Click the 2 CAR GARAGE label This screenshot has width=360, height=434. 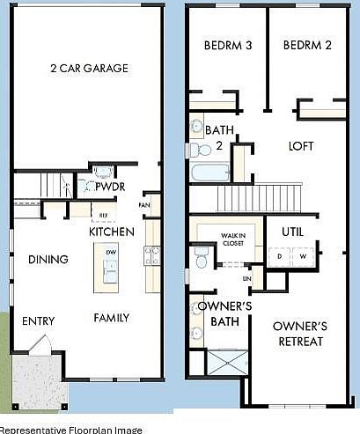point(88,68)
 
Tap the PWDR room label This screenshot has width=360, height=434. point(109,188)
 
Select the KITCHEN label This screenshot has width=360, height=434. point(112,232)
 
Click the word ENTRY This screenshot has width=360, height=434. point(38,321)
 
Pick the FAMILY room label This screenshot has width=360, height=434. point(112,318)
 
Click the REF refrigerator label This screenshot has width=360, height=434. point(103,214)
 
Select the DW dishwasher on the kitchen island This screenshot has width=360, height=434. point(111,252)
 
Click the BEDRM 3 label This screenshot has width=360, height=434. point(229,46)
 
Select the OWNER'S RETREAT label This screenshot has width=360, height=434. point(300,334)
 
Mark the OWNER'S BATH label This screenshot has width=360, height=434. point(224,314)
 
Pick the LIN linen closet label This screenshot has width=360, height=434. point(247,278)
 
